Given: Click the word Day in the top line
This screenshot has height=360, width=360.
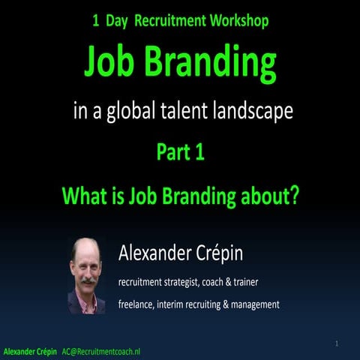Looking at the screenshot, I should tap(118, 21).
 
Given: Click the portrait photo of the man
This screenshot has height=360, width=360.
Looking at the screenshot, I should tap(87, 275).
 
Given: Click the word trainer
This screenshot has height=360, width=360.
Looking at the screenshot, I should tap(265, 282).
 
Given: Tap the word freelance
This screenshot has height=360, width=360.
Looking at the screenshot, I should tap(137, 304).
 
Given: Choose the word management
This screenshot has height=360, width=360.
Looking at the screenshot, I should tap(252, 304).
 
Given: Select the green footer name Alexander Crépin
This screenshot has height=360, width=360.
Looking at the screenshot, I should tap(29, 351).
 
